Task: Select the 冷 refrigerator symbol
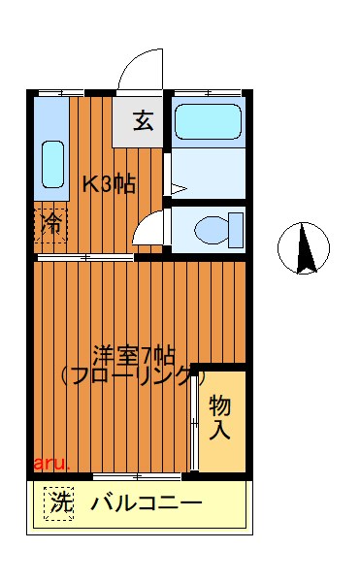coord(50,225)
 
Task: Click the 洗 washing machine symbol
coord(59,503)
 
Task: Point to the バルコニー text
coord(147,504)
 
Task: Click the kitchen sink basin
coord(52,163)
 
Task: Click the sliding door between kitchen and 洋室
coord(85,258)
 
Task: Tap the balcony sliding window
coord(138,476)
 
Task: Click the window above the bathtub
coord(208,92)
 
